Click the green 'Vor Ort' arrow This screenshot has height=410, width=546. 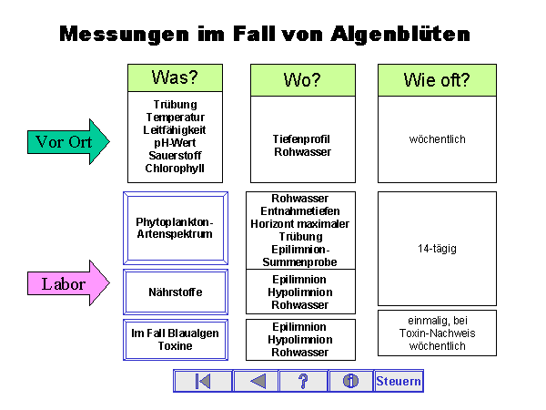click(x=66, y=142)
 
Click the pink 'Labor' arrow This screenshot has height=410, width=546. click(x=66, y=284)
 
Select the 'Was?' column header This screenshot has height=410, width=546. click(x=175, y=77)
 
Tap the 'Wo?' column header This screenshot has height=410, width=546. click(x=303, y=80)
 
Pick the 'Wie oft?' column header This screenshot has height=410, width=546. click(x=437, y=80)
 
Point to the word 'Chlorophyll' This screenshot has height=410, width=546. click(x=175, y=168)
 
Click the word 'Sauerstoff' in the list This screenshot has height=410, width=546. click(x=175, y=155)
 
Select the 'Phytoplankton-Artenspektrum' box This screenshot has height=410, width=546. click(x=175, y=228)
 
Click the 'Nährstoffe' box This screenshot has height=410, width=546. click(x=175, y=292)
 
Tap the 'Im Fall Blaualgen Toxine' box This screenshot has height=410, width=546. click(x=175, y=340)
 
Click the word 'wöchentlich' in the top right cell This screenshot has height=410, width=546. click(x=437, y=139)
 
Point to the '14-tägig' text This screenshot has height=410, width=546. click(x=437, y=248)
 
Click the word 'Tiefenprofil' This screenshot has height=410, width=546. click(x=301, y=139)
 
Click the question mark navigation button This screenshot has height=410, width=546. click(x=303, y=381)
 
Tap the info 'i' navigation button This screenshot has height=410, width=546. click(x=350, y=381)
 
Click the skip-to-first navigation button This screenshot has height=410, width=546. click(x=203, y=381)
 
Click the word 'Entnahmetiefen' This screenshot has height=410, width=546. click(x=301, y=211)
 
